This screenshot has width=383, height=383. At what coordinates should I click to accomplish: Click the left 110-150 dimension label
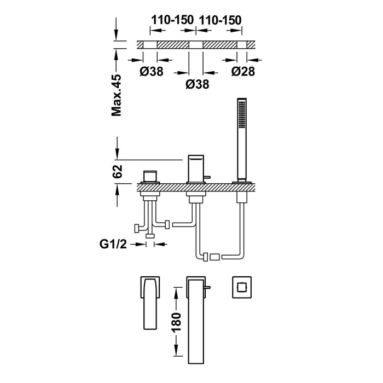click(172, 20)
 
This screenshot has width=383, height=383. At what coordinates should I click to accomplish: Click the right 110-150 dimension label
click(220, 20)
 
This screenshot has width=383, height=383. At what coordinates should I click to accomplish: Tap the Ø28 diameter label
click(243, 71)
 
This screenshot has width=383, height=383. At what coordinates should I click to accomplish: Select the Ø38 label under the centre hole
click(198, 84)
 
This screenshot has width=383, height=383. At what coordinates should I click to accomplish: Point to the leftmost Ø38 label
click(152, 71)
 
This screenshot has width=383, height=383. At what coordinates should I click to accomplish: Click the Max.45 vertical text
click(117, 95)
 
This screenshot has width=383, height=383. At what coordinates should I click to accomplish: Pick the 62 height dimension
click(118, 171)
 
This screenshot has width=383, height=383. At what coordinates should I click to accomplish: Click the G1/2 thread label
click(113, 244)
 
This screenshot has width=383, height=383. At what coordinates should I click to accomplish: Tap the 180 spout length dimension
click(177, 322)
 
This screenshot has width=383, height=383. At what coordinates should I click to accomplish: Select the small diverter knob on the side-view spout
click(207, 177)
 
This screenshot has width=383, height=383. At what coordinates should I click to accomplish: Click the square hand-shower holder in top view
click(242, 287)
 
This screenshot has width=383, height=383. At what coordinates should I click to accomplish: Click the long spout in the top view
click(196, 320)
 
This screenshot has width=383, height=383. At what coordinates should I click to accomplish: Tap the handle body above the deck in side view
click(150, 176)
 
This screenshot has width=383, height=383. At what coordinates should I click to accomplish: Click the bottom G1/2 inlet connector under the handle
click(150, 236)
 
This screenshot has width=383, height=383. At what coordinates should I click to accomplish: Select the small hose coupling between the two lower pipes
click(214, 257)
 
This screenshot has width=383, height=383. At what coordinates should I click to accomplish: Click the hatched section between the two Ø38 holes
click(173, 45)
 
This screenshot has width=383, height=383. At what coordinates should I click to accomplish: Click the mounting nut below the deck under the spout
click(196, 197)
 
